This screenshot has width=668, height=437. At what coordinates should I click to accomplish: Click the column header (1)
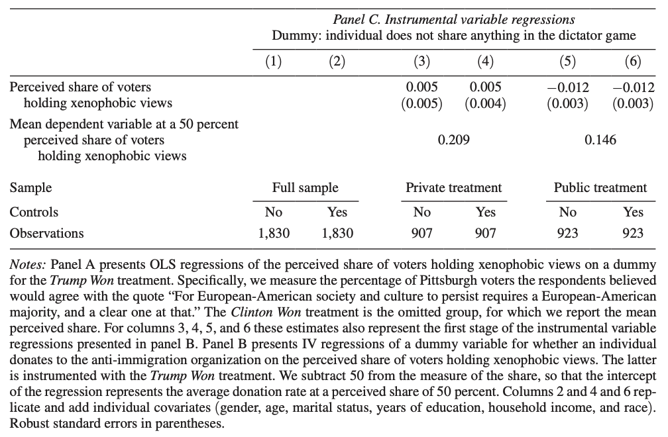pos(273,62)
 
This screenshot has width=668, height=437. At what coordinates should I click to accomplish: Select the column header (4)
pos(486,62)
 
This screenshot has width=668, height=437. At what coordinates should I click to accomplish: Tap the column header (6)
pos(634,62)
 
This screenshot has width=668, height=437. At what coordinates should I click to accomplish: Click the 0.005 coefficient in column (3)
pos(421,87)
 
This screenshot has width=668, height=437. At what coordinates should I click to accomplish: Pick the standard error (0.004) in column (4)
pos(486,103)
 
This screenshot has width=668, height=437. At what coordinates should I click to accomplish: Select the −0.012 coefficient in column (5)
pos(568,87)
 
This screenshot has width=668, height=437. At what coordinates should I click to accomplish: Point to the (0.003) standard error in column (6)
pos(634,103)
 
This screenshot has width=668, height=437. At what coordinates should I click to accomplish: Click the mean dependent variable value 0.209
pos(454,140)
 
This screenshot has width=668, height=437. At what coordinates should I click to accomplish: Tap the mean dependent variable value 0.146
pos(600,140)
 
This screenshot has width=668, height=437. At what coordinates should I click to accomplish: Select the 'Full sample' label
pos(306,187)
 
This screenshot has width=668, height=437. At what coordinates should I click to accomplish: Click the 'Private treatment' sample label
pos(454,187)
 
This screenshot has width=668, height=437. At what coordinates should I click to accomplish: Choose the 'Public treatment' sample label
pos(600,187)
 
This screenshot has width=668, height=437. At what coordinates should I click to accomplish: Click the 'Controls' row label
pos(34,212)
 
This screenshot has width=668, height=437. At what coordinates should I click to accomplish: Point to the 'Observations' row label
pos(46,233)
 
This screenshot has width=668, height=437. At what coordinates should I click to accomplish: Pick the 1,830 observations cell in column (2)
pos(337,233)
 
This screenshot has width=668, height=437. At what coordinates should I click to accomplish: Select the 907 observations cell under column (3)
pos(421,233)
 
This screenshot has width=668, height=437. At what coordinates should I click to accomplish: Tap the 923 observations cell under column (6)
pos(634,233)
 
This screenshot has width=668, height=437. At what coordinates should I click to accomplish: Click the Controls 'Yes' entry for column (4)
pos(486,212)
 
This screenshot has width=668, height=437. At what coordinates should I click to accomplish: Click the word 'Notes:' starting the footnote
pos(28,264)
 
